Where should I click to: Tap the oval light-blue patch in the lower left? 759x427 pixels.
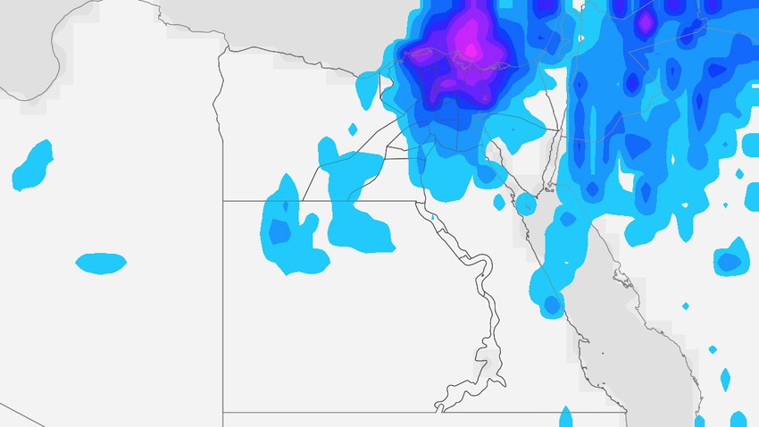coord(100,263)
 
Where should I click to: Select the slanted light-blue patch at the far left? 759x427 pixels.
coord(34,165)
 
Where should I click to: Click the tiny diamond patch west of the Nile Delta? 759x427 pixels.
coord(352,130)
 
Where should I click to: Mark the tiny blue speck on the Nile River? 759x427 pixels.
coord(432,216)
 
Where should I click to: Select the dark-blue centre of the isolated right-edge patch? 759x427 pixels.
coord(730,262)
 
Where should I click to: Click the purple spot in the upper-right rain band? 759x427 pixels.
coord(645,20)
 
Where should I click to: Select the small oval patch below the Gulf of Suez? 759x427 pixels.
coord(499,202)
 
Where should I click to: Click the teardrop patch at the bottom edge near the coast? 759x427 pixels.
coord(565,416)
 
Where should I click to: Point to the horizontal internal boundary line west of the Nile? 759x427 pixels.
coord(313,201)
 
